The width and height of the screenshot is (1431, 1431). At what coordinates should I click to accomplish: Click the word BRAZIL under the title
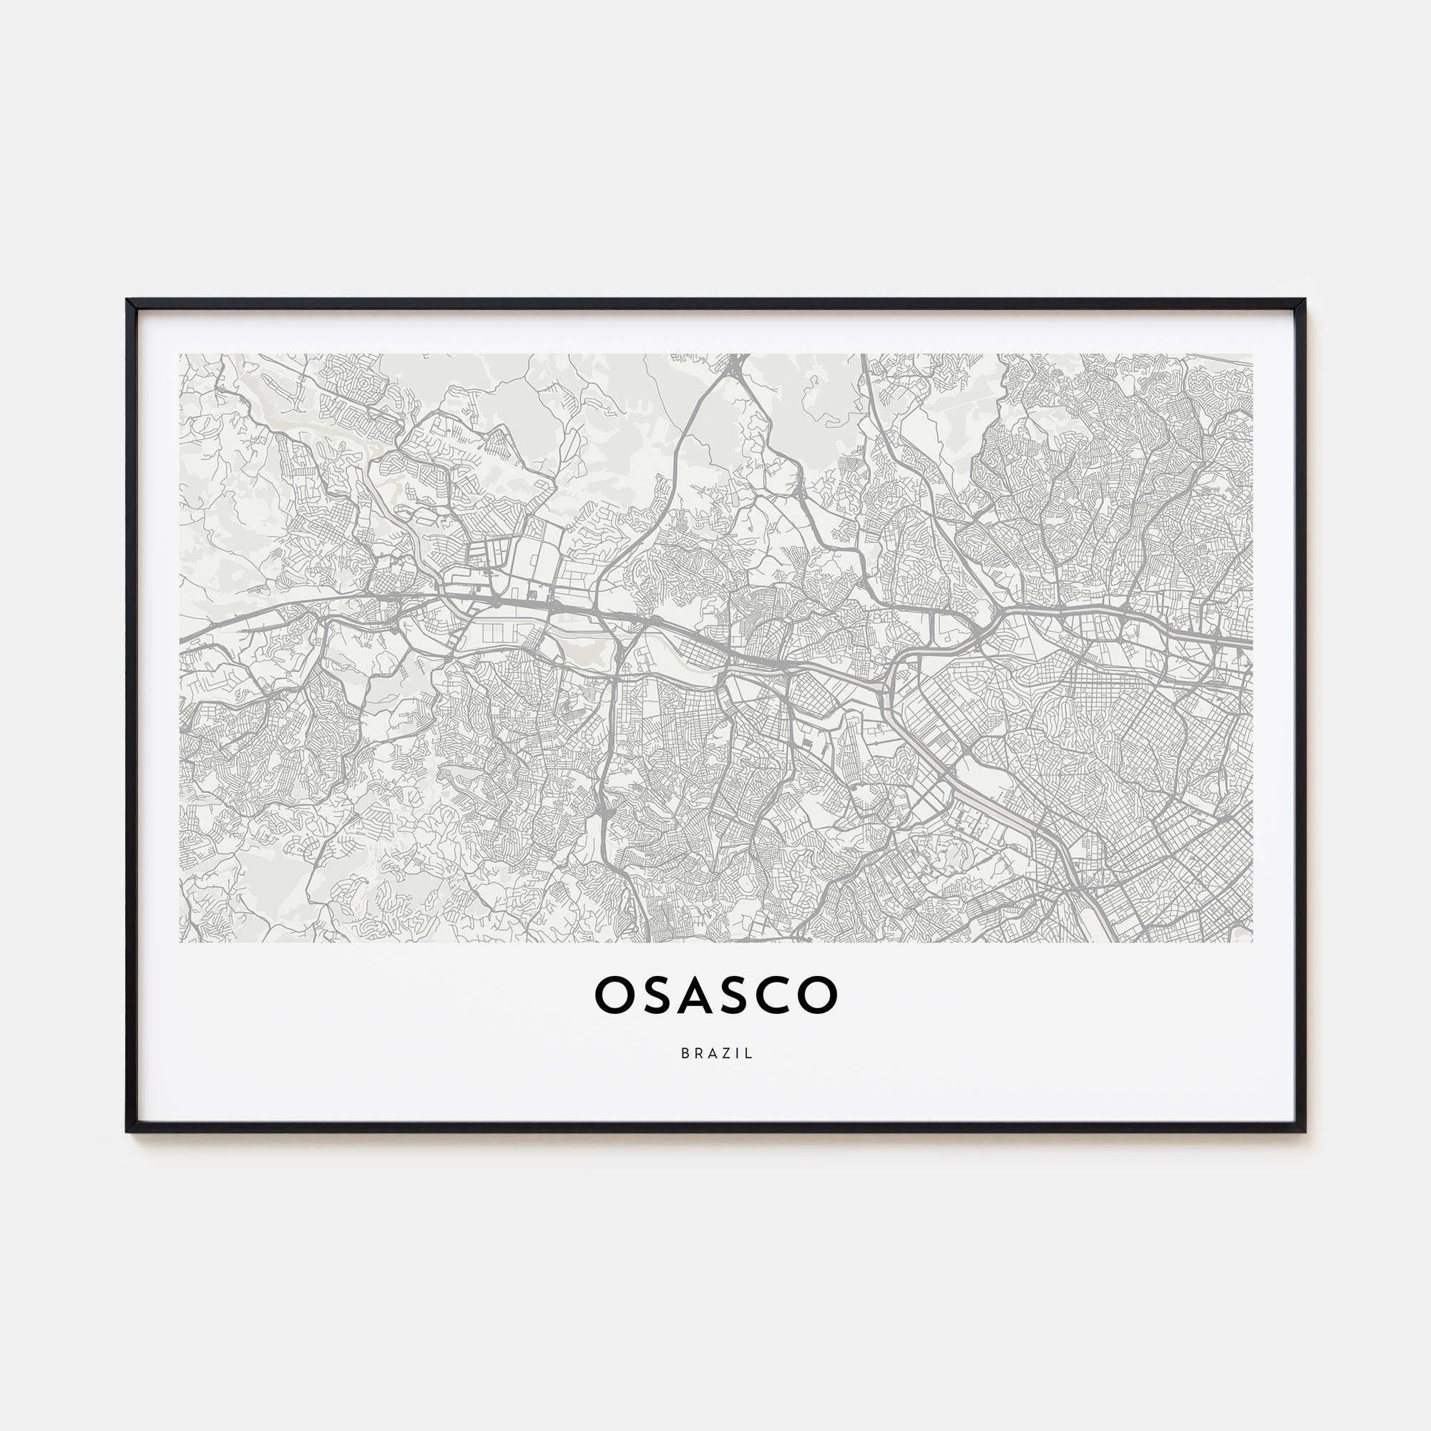pyautogui.click(x=716, y=1053)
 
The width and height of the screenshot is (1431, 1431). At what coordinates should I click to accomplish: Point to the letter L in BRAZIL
pyautogui.click(x=750, y=1053)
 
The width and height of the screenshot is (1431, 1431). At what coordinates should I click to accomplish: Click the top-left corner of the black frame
pyautogui.click(x=128, y=300)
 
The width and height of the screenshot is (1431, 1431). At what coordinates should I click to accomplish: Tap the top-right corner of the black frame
pyautogui.click(x=1304, y=300)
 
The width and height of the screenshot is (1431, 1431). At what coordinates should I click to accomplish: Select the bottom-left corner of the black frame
pyautogui.click(x=128, y=1132)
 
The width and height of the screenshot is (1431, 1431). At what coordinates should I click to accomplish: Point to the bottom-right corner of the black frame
pyautogui.click(x=1304, y=1132)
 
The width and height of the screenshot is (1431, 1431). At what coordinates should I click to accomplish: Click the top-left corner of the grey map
pyautogui.click(x=180, y=354)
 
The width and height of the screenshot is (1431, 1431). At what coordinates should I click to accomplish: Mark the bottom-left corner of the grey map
pyautogui.click(x=180, y=942)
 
